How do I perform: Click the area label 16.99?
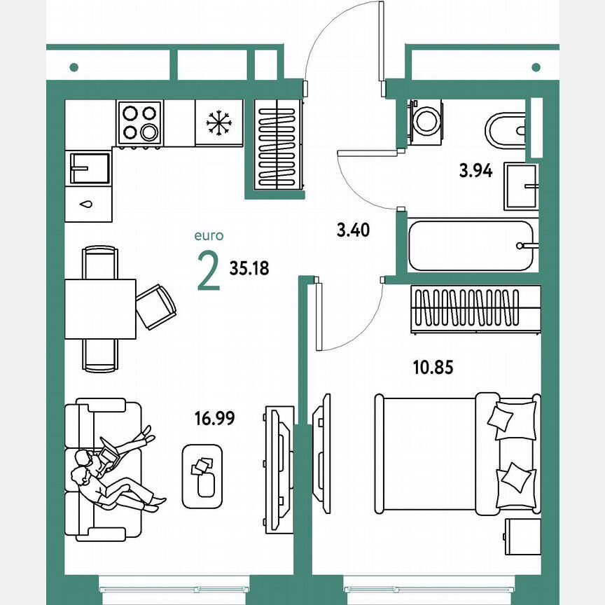coord(214,419)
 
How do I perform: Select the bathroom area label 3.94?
coord(476,169)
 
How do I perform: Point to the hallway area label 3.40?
coord(353,230)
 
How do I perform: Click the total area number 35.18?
coord(249,267)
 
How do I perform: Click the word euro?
coord(209,237)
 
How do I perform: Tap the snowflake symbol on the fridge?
coord(218,123)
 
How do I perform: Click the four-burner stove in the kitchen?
coord(140,123)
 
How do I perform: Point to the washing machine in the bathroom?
coord(424,120)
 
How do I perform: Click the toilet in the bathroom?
coord(504,130)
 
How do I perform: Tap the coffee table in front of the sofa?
coord(202,475)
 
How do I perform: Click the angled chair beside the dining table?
coord(155,306)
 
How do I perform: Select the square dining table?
coord(100,308)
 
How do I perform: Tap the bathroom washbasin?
coord(521,187)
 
